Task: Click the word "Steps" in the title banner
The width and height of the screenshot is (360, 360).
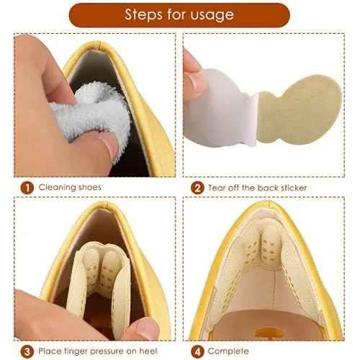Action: tap(143, 14)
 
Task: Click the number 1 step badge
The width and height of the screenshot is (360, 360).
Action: tap(27, 188)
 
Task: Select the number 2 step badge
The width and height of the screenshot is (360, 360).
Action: tap(197, 188)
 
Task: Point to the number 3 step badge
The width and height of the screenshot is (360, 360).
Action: tap(27, 351)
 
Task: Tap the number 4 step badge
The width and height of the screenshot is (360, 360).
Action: tap(197, 351)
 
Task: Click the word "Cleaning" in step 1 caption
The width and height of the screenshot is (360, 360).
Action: tap(57, 187)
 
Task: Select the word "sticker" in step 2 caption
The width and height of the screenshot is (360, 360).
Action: tap(294, 187)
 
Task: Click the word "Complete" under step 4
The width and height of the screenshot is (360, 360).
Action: tap(228, 351)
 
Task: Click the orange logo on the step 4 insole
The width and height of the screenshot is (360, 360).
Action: tap(269, 333)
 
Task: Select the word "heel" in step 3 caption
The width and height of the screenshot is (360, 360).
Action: tap(148, 351)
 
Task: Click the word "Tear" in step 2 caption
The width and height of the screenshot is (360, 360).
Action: tap(217, 188)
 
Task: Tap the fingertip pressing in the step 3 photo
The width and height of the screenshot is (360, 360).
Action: tap(142, 329)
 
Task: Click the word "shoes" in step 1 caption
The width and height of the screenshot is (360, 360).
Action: tap(89, 187)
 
